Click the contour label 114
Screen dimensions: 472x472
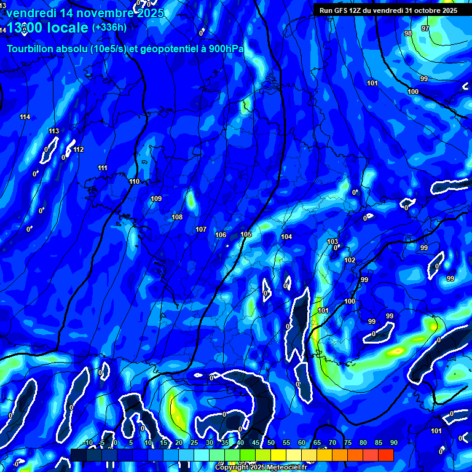click(25, 117)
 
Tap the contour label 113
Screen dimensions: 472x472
click(54, 131)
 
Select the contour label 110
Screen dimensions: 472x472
click(135, 181)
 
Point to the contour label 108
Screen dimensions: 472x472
click(177, 217)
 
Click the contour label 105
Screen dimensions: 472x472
click(246, 234)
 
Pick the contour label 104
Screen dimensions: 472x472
click(286, 237)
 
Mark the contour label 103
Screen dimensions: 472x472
click(332, 242)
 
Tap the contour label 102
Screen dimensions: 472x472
click(350, 260)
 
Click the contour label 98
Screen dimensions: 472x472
click(408, 33)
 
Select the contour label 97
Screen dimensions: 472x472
click(425, 28)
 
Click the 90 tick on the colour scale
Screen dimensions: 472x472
click(393, 442)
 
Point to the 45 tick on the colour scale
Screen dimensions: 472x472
click(255, 442)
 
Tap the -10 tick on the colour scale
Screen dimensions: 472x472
click(87, 442)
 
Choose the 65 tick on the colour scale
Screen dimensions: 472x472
click(317, 442)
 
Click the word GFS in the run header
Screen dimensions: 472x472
click(342, 10)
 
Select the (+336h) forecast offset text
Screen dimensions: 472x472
click(109, 27)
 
